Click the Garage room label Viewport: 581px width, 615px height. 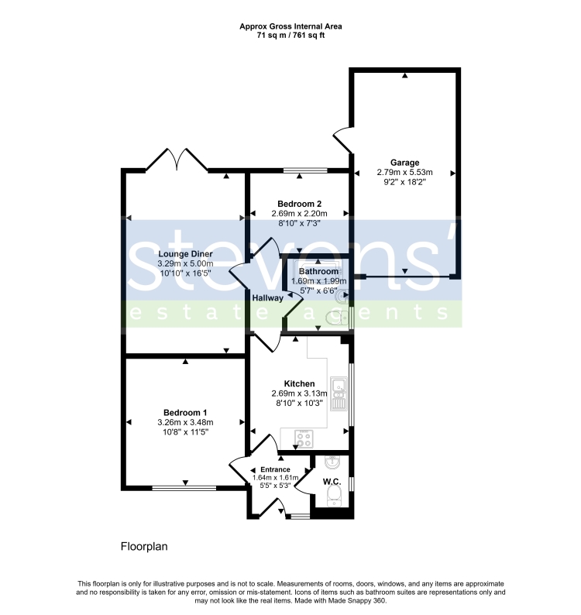pyautogui.click(x=404, y=163)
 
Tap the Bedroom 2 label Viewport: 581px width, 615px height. pyautogui.click(x=299, y=204)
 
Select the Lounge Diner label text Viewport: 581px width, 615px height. pyautogui.click(x=185, y=254)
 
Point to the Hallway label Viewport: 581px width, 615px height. pyautogui.click(x=267, y=298)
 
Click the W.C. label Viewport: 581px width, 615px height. pyautogui.click(x=332, y=482)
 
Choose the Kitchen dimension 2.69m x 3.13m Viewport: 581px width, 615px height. pyautogui.click(x=299, y=393)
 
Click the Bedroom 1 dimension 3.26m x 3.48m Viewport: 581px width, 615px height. pyautogui.click(x=185, y=422)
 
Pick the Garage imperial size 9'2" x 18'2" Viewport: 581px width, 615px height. pyautogui.click(x=404, y=182)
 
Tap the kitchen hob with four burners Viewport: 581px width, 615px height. pyautogui.click(x=304, y=439)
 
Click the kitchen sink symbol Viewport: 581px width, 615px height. pyautogui.click(x=339, y=393)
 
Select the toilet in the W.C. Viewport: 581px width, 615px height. pyautogui.click(x=334, y=497)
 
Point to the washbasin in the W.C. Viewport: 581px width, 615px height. pyautogui.click(x=332, y=463)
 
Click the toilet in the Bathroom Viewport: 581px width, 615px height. pyautogui.click(x=337, y=318)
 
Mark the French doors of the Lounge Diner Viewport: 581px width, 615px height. pyautogui.click(x=177, y=160)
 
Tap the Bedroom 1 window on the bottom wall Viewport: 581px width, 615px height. pyautogui.click(x=184, y=488)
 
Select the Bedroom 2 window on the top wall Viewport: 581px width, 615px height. pyautogui.click(x=305, y=170)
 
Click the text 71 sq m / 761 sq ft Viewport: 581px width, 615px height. pyautogui.click(x=290, y=36)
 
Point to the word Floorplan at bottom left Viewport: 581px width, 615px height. pyautogui.click(x=144, y=546)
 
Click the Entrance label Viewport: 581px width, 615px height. pyautogui.click(x=276, y=469)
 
